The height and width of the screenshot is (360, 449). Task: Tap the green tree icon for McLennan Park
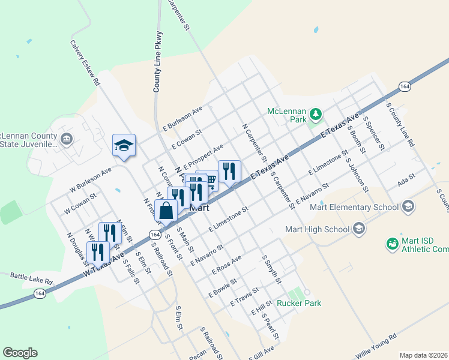click(x=315, y=113)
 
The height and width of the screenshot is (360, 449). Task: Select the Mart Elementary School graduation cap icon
click(x=408, y=207)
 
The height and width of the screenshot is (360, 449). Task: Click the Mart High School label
click(x=317, y=229)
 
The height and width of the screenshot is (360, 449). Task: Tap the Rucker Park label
click(x=298, y=303)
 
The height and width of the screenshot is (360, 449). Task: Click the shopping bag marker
click(x=166, y=211)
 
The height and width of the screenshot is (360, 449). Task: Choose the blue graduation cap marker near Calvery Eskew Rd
click(x=124, y=145)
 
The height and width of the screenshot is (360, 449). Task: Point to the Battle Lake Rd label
click(x=32, y=277)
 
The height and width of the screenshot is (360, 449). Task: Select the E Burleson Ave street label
click(x=183, y=119)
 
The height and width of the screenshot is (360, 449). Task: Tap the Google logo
click(x=20, y=353)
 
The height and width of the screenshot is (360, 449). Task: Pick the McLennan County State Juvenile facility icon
click(x=66, y=140)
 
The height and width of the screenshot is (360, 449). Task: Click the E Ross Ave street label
click(x=226, y=265)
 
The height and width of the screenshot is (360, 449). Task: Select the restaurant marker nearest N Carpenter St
click(x=229, y=172)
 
